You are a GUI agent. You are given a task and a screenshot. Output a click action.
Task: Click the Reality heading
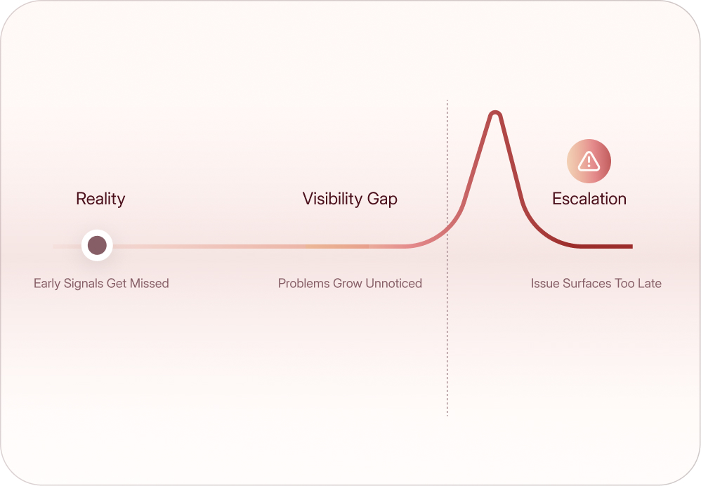pyautogui.click(x=100, y=199)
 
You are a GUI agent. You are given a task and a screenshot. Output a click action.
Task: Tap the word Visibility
pyautogui.click(x=332, y=199)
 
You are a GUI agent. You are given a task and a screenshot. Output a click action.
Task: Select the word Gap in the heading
pyautogui.click(x=382, y=199)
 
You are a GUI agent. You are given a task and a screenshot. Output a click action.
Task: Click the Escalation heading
pyautogui.click(x=589, y=199)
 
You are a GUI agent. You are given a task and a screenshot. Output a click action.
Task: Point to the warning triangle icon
pyautogui.click(x=589, y=161)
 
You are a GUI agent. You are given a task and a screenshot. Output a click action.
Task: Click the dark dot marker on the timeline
pyautogui.click(x=97, y=245)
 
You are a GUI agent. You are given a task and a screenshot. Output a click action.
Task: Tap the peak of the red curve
pyautogui.click(x=495, y=112)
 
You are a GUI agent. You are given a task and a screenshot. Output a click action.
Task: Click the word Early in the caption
pyautogui.click(x=47, y=284)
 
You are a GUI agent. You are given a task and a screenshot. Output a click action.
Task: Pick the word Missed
pyautogui.click(x=150, y=283)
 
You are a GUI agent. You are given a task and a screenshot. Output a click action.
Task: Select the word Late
pyautogui.click(x=650, y=283)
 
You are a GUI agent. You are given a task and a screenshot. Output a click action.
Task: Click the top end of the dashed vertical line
pyautogui.click(x=447, y=100)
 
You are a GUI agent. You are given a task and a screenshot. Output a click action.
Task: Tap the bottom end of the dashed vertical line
pyautogui.click(x=447, y=416)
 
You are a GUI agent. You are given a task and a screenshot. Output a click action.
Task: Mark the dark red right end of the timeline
pyautogui.click(x=631, y=247)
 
